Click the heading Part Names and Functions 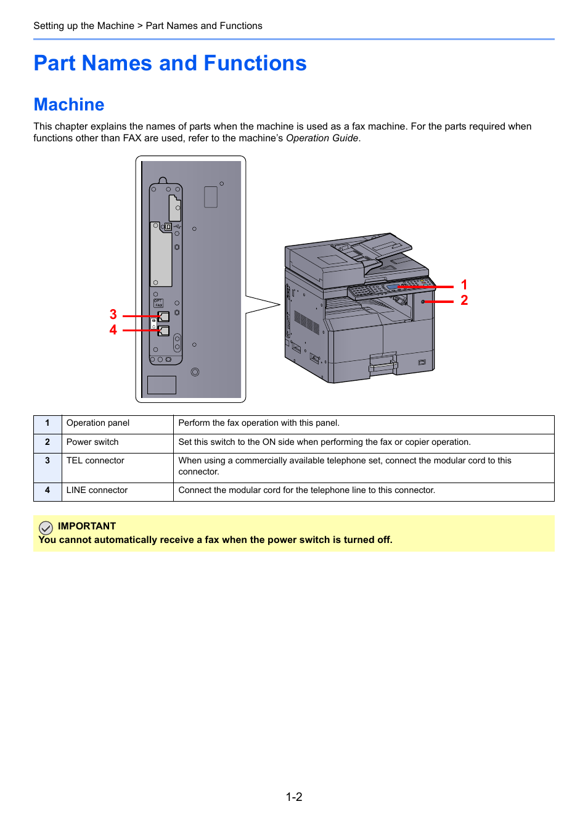[170, 64]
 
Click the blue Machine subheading [69, 105]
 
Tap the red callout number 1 [464, 285]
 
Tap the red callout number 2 [464, 300]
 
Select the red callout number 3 [113, 315]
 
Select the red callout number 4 [113, 330]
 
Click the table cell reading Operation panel [98, 423]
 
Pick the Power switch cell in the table [92, 442]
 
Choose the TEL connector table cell [96, 461]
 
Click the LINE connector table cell [97, 491]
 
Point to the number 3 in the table [47, 461]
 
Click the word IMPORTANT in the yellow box [87, 526]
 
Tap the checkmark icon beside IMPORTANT [46, 528]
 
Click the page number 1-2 [294, 797]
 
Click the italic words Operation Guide [322, 138]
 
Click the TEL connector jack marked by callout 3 [164, 317]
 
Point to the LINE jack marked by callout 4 [164, 331]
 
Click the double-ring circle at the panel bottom [195, 372]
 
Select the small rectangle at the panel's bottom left [162, 385]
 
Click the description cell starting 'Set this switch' [325, 442]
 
